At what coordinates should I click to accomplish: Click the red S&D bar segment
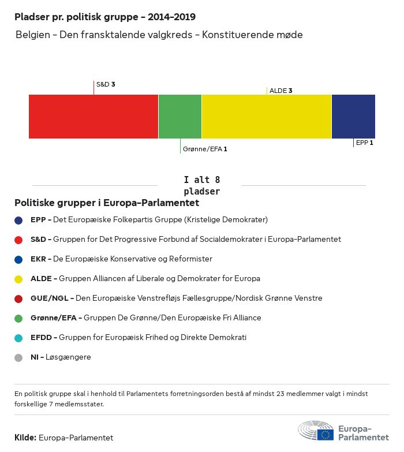[x=93, y=117]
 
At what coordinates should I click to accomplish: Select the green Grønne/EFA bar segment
[x=180, y=117]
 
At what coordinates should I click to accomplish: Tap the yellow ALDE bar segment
[x=267, y=117]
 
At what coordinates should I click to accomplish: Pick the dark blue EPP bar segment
[x=353, y=117]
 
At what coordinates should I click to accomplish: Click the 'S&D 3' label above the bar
[x=106, y=84]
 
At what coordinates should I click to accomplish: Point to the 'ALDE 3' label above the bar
[x=280, y=91]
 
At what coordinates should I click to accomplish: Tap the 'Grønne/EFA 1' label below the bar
[x=205, y=149]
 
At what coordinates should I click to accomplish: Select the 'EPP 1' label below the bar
[x=365, y=142]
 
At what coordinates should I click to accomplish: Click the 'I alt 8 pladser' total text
[x=201, y=185]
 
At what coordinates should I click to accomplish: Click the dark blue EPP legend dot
[x=18, y=220]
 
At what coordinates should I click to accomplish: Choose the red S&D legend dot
[x=18, y=240]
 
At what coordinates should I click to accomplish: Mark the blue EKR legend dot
[x=18, y=259]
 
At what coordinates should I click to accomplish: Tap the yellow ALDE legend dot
[x=18, y=279]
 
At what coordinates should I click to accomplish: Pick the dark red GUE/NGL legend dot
[x=18, y=298]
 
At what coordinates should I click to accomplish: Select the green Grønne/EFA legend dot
[x=18, y=318]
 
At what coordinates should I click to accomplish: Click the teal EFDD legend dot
[x=18, y=338]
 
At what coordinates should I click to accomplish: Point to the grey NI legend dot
[x=18, y=357]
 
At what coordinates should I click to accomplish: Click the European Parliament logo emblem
[x=316, y=431]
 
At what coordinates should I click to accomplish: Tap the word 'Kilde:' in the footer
[x=25, y=438]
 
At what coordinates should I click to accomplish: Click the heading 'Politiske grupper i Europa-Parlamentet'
[x=107, y=203]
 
